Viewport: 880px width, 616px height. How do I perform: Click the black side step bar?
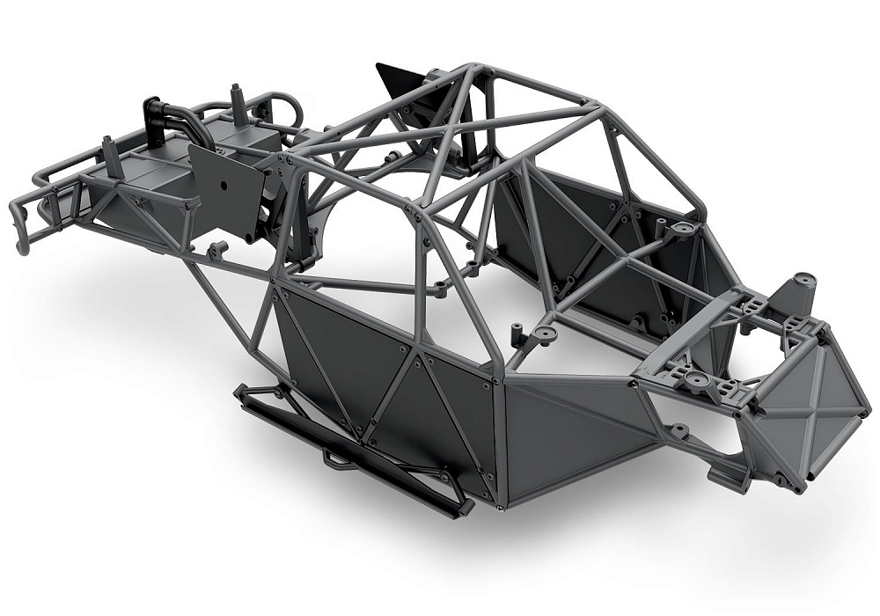click(x=352, y=449)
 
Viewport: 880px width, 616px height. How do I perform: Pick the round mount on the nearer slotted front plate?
click(x=695, y=380)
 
